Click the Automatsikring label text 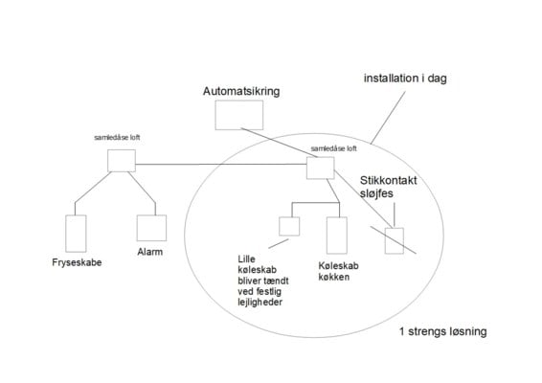click(241, 92)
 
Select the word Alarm click(150, 252)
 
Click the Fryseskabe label click(77, 262)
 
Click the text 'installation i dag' click(405, 79)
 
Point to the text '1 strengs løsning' click(443, 331)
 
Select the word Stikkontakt click(389, 180)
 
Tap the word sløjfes click(376, 193)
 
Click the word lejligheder click(260, 303)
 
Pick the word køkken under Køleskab click(333, 277)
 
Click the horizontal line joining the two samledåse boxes click(221, 164)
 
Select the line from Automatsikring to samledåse click(280, 143)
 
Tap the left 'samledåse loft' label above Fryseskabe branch click(117, 138)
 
